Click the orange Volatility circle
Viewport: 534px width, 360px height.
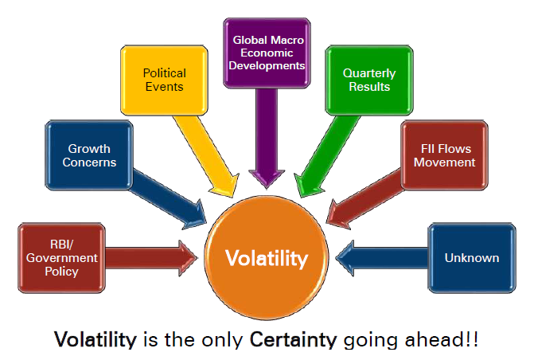[x=267, y=258]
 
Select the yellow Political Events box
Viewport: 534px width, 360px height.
[x=164, y=80]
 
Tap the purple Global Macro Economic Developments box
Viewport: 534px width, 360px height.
[x=267, y=53]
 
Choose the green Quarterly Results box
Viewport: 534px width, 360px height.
[x=369, y=80]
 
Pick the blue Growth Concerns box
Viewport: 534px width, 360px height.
[x=89, y=155]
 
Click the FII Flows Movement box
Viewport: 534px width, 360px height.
[x=444, y=155]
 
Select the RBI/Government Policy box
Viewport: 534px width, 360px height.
[x=61, y=258]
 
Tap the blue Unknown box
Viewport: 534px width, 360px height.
[x=472, y=258]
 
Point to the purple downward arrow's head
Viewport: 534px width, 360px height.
[x=267, y=178]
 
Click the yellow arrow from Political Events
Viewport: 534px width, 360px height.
[x=206, y=156]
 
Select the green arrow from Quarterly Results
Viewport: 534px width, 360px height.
[x=327, y=156]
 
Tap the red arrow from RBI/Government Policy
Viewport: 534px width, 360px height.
[x=151, y=258]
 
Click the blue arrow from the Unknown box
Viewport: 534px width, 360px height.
[x=382, y=258]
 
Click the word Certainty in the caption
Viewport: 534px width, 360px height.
[x=293, y=340]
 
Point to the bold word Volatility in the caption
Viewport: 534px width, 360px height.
[x=95, y=340]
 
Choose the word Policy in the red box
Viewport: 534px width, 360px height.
[x=61, y=272]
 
